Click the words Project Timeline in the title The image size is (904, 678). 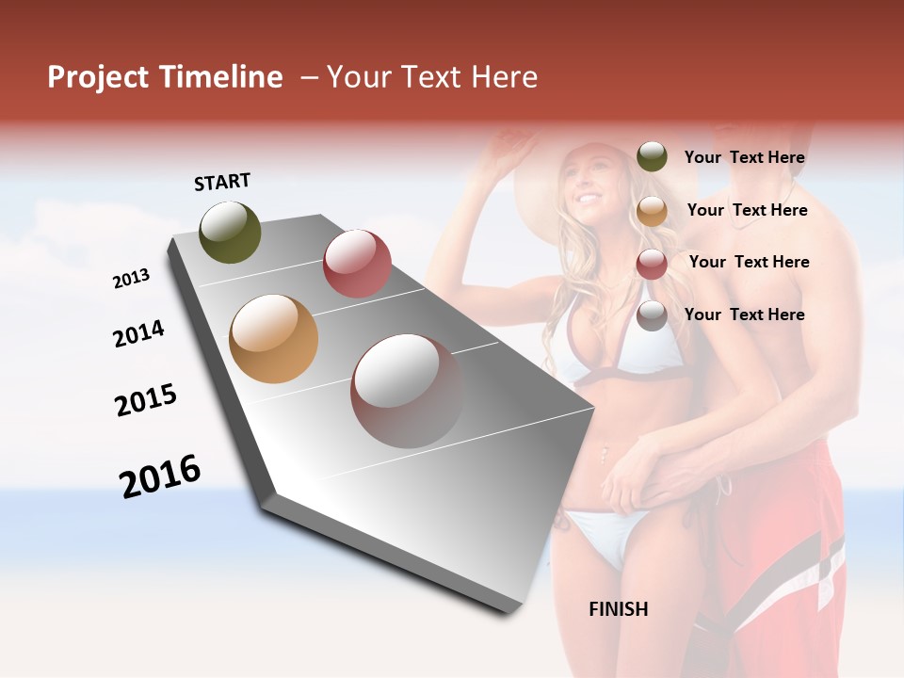[x=165, y=77]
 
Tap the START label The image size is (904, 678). [x=222, y=182]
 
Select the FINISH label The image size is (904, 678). [x=618, y=609]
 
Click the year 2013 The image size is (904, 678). [x=131, y=279]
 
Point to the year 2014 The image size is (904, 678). [x=138, y=334]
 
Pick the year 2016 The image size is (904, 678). [x=160, y=476]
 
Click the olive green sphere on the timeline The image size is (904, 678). [x=231, y=232]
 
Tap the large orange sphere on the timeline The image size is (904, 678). [x=273, y=339]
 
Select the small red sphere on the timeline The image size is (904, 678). [x=357, y=263]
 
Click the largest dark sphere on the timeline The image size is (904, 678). [x=407, y=391]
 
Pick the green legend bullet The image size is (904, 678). [x=652, y=156]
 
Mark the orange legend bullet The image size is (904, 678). [x=652, y=211]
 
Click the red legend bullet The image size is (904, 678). [x=652, y=264]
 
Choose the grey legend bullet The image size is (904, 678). [x=652, y=315]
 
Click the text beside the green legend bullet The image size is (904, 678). [x=744, y=158]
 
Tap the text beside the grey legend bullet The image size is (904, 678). [x=744, y=315]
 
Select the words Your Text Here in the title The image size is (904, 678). [x=431, y=77]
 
